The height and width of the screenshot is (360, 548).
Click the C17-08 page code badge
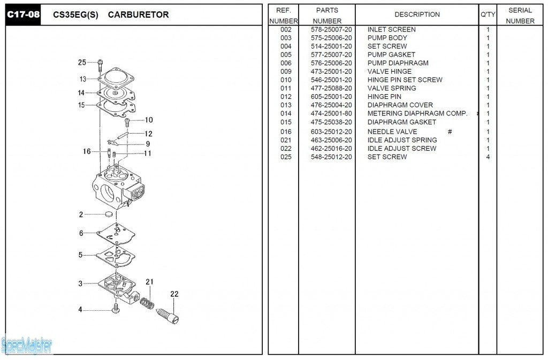tap(23, 14)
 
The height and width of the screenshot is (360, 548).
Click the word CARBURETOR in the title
tap(138, 15)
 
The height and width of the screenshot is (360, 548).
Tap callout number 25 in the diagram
tap(82, 63)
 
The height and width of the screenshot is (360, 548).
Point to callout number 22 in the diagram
tap(174, 294)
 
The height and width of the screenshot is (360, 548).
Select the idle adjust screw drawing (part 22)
tap(167, 313)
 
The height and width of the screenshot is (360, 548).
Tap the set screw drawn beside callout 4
tap(116, 309)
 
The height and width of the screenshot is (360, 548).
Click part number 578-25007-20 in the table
tap(331, 29)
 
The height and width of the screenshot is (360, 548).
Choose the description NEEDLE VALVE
tap(392, 132)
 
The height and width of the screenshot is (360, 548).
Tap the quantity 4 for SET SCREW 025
tap(488, 157)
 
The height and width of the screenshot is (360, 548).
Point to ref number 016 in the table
tap(286, 132)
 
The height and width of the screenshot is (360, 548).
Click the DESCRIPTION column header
tap(417, 14)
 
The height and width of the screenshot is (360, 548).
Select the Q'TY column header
tap(488, 14)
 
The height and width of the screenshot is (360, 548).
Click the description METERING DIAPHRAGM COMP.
tap(417, 113)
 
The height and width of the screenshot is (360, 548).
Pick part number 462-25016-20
tap(331, 148)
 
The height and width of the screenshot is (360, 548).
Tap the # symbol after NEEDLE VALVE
tap(450, 132)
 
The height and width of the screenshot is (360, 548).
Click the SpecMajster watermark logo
tap(27, 346)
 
